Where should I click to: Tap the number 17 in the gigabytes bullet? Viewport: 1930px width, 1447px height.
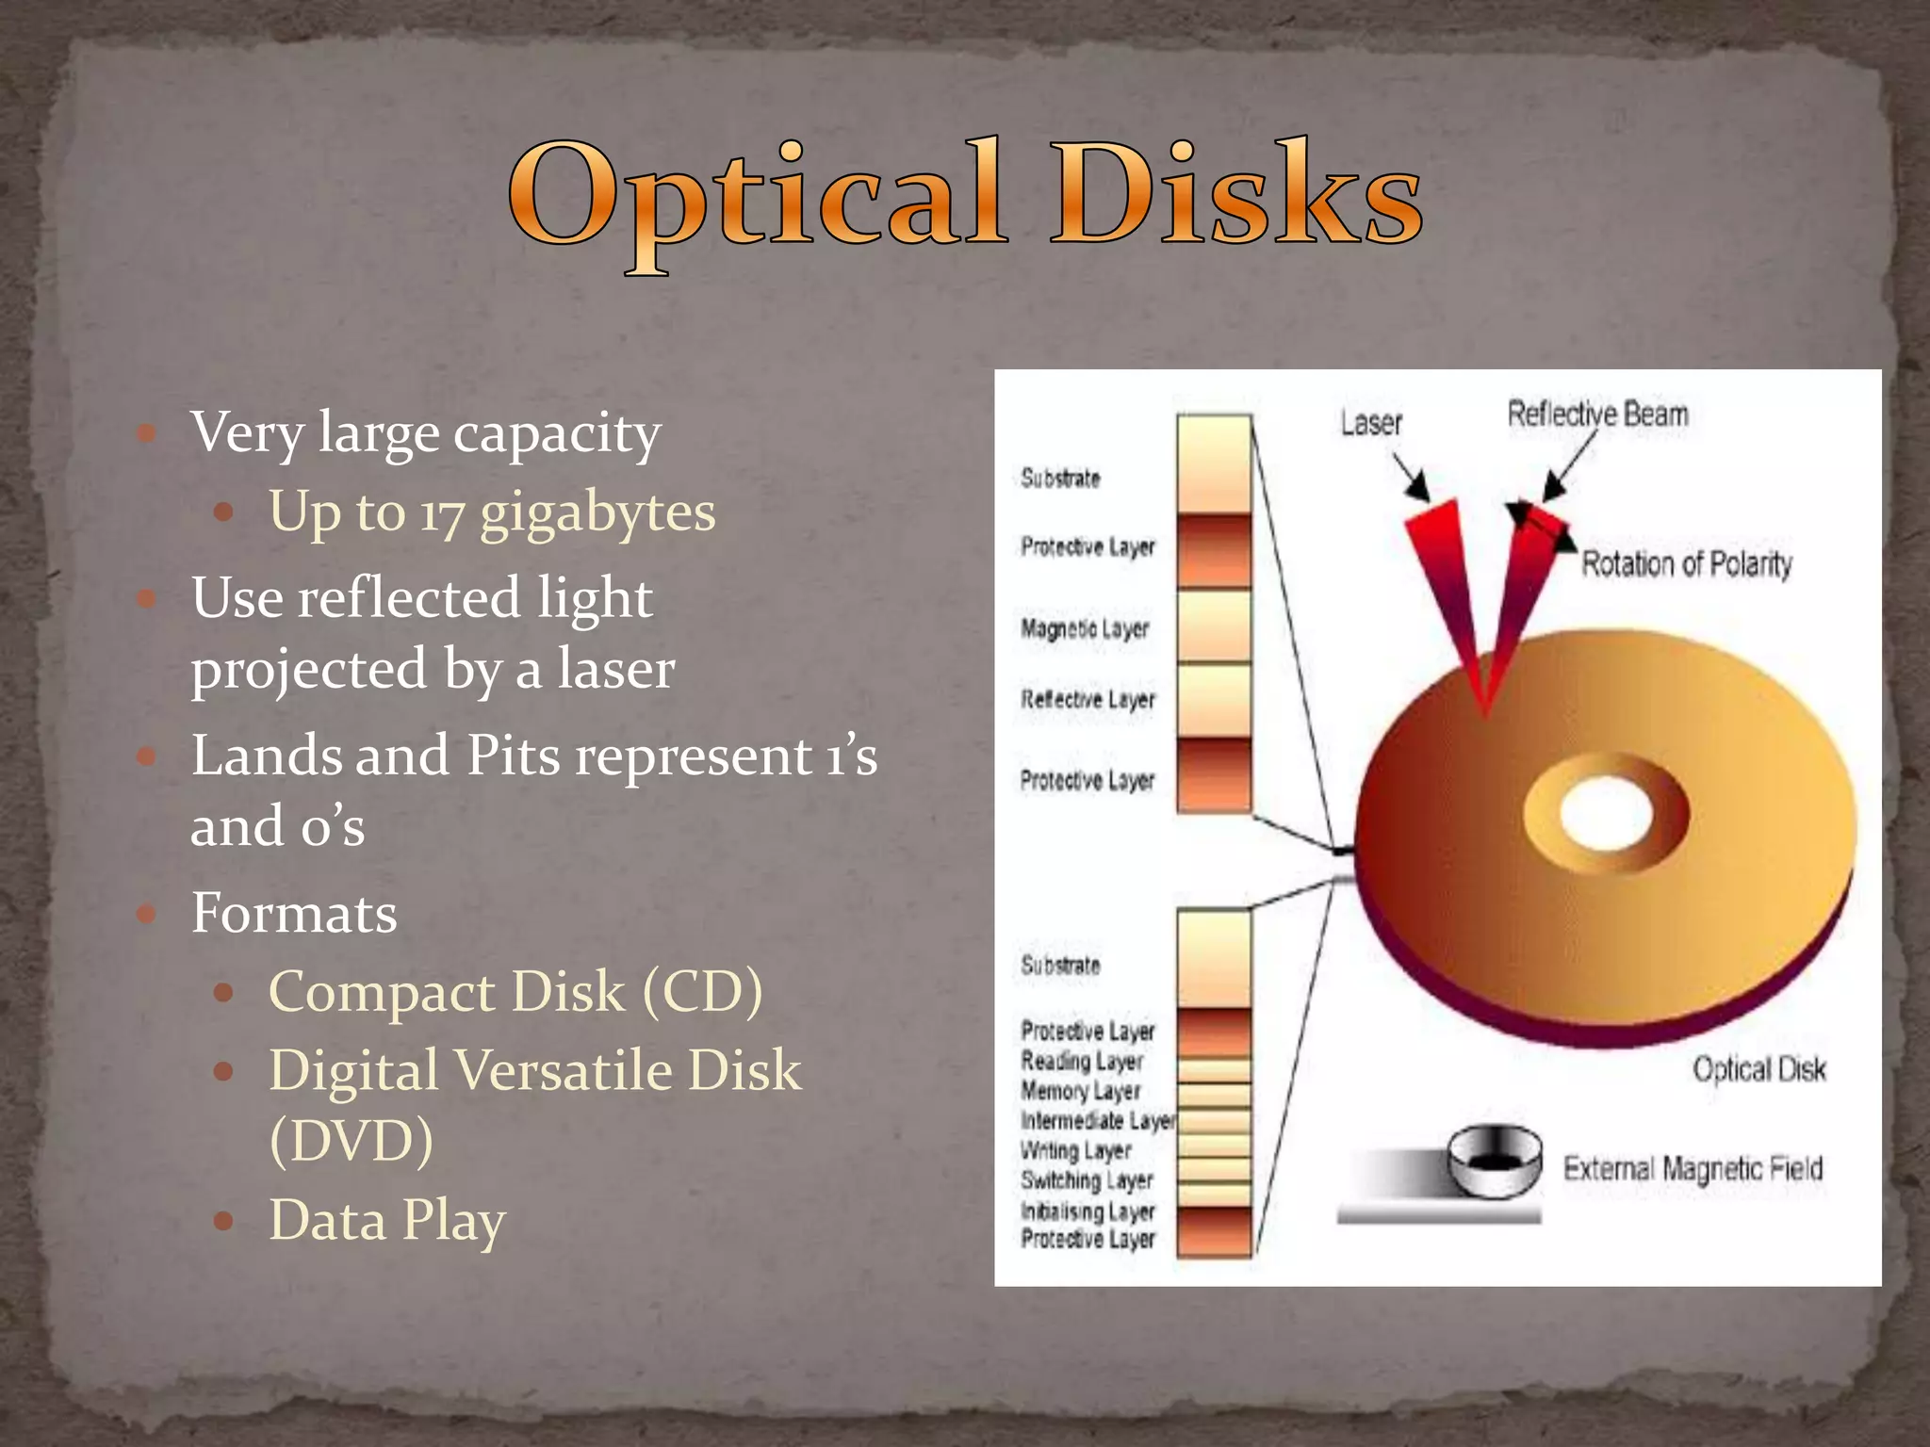pos(442,514)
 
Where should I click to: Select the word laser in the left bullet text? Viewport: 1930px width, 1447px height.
pos(616,670)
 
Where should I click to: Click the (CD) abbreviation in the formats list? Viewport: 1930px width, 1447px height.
pos(703,992)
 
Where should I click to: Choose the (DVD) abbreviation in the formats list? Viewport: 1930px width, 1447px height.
pos(351,1141)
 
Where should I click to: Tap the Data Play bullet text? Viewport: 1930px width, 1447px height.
pos(387,1221)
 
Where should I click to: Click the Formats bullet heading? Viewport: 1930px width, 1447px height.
pos(294,913)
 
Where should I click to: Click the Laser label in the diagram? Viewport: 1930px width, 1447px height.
pos(1371,423)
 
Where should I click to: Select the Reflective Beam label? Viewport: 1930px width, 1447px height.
pos(1597,414)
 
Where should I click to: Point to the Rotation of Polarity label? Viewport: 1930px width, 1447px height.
pos(1686,564)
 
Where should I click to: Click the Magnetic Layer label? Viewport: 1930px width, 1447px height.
pos(1085,628)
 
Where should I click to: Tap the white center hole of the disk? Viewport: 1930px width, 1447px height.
pos(1606,813)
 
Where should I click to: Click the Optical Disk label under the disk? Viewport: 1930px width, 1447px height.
pos(1758,1069)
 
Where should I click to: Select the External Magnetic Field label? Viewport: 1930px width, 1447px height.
pos(1693,1169)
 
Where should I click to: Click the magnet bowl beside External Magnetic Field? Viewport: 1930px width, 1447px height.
pos(1495,1161)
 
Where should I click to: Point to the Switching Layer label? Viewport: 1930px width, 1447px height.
pos(1087,1180)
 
